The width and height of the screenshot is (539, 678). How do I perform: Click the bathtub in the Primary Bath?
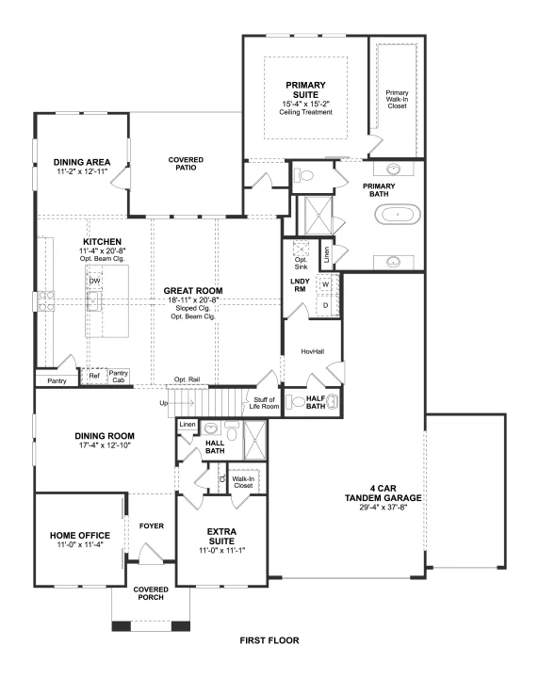397,215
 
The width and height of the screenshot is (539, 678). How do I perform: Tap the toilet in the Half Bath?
298,402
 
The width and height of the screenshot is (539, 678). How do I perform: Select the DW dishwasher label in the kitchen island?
94,281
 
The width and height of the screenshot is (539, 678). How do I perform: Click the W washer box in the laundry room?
325,284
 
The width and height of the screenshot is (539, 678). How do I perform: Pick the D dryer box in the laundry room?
325,305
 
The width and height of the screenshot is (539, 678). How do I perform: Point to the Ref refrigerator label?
94,376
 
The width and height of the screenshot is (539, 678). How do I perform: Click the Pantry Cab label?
118,376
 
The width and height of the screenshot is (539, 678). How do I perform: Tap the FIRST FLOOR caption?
269,640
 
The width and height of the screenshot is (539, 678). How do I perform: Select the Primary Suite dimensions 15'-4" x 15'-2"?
306,104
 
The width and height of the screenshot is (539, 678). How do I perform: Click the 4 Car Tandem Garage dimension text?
384,508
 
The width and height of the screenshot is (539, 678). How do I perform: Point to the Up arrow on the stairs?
182,403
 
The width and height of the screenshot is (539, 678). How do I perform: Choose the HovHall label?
312,351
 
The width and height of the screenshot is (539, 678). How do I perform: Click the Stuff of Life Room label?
264,403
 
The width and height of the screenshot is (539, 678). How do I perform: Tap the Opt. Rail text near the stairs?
187,379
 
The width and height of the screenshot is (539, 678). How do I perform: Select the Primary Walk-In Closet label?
397,99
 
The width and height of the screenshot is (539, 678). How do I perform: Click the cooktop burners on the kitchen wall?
46,301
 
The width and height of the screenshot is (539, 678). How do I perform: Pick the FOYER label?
152,525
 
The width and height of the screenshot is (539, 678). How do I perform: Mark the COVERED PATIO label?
186,164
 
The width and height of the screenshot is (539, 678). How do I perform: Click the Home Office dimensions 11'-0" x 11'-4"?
80,545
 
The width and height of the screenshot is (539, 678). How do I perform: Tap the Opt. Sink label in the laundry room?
302,263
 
